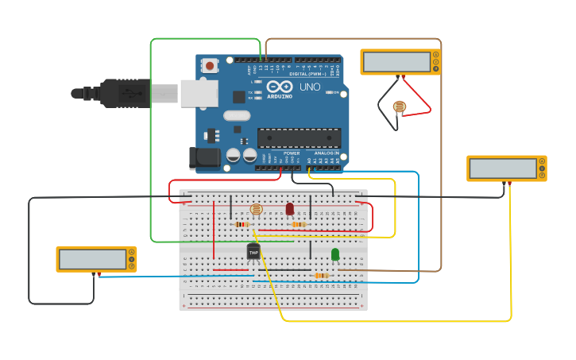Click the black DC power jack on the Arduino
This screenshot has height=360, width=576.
(204, 157)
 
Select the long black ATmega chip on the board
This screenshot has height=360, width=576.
(299, 137)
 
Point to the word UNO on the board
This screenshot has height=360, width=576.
(310, 87)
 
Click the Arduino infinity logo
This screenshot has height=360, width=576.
(279, 87)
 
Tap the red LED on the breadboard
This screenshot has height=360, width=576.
(289, 208)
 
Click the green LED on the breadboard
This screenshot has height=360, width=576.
(335, 254)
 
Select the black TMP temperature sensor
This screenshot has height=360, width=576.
(253, 252)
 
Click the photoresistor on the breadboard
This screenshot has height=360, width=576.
(256, 210)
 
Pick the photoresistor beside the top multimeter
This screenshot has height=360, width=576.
(399, 106)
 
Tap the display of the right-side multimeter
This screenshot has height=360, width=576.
(502, 168)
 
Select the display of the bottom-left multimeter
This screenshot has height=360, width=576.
(91, 259)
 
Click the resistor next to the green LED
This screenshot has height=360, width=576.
(321, 276)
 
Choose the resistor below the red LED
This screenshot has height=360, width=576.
(299, 224)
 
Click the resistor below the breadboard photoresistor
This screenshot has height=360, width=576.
(242, 224)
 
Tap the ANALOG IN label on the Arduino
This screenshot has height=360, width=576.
(326, 153)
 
